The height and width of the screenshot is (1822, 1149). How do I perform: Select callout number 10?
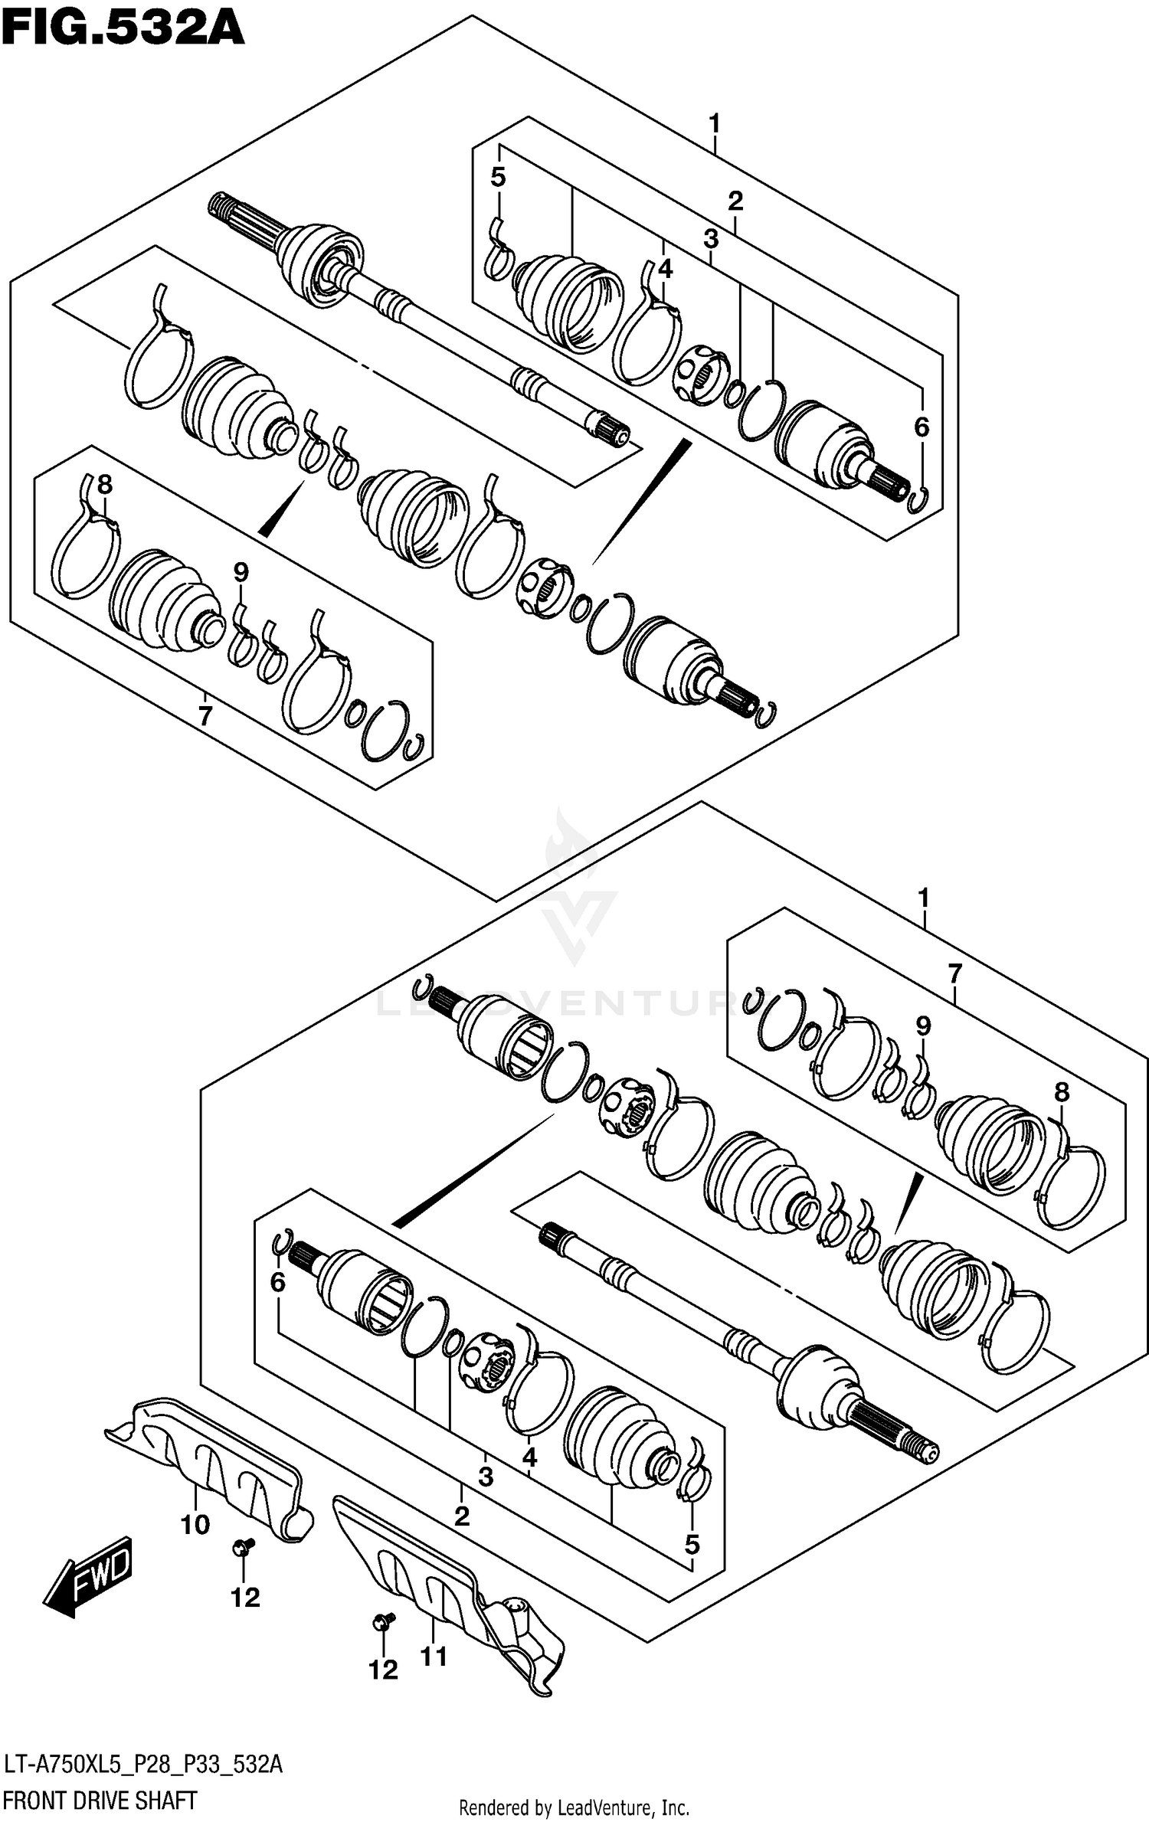pyautogui.click(x=195, y=1524)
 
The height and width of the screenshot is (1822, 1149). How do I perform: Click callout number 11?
pyautogui.click(x=434, y=1657)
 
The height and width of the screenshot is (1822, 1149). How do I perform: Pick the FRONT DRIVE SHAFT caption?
pyautogui.click(x=100, y=1800)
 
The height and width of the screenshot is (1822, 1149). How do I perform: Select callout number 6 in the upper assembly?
pyautogui.click(x=921, y=427)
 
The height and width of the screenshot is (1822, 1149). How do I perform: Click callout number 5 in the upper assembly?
pyautogui.click(x=498, y=178)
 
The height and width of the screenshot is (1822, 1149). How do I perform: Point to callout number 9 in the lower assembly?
pyautogui.click(x=923, y=1025)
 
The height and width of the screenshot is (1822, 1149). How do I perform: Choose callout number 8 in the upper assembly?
pyautogui.click(x=104, y=484)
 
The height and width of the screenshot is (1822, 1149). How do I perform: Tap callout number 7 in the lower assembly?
pyautogui.click(x=954, y=974)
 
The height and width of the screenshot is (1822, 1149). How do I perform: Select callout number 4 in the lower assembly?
pyautogui.click(x=529, y=1457)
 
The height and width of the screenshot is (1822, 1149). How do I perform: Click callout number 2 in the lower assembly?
pyautogui.click(x=461, y=1516)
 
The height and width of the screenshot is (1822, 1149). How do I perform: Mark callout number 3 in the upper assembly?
pyautogui.click(x=711, y=239)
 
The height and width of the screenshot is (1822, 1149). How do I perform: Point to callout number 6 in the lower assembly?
pyautogui.click(x=277, y=1281)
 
